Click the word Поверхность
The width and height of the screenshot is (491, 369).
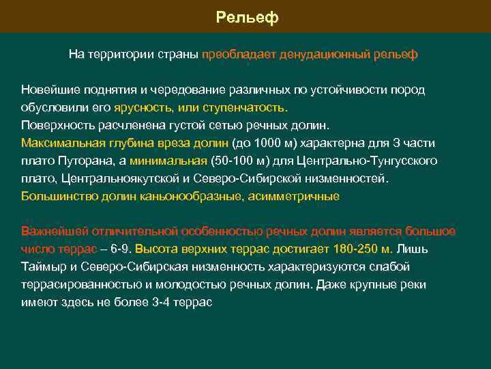pyautogui.click(x=57, y=126)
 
